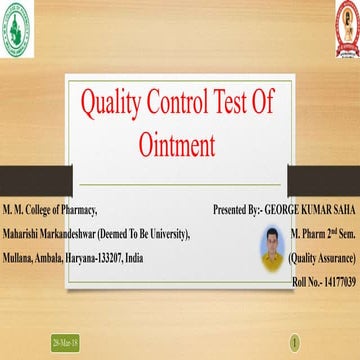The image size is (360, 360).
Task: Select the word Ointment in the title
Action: click(x=180, y=145)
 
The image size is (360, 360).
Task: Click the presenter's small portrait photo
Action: click(x=272, y=248)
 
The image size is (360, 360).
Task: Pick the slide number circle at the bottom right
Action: click(x=294, y=342)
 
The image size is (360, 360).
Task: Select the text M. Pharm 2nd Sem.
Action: click(x=323, y=234)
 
